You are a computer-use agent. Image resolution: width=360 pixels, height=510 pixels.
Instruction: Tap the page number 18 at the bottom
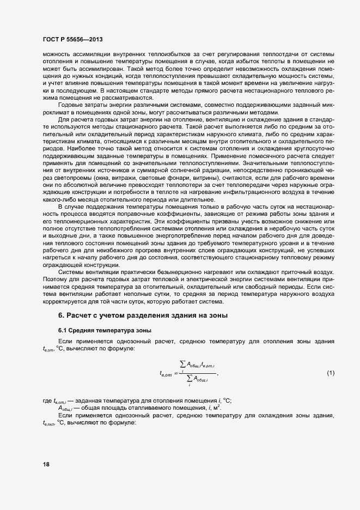[x=46, y=464]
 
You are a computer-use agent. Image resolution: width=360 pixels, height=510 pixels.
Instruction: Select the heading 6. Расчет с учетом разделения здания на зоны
[x=142, y=315]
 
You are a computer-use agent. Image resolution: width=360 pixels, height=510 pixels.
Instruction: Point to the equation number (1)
[x=330, y=373]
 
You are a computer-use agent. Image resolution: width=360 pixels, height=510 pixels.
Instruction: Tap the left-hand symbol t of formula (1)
[x=166, y=374]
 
